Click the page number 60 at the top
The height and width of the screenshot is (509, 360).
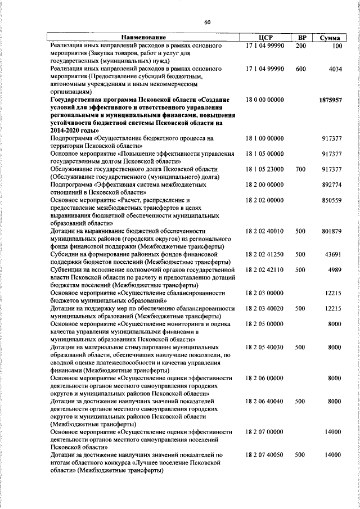click(x=207, y=22)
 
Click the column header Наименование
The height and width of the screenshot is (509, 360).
click(x=145, y=37)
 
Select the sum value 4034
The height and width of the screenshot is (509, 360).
click(x=335, y=69)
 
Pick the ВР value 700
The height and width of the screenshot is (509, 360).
click(x=300, y=169)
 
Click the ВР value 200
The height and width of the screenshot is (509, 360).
click(x=300, y=46)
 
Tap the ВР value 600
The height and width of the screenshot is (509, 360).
click(x=300, y=69)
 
